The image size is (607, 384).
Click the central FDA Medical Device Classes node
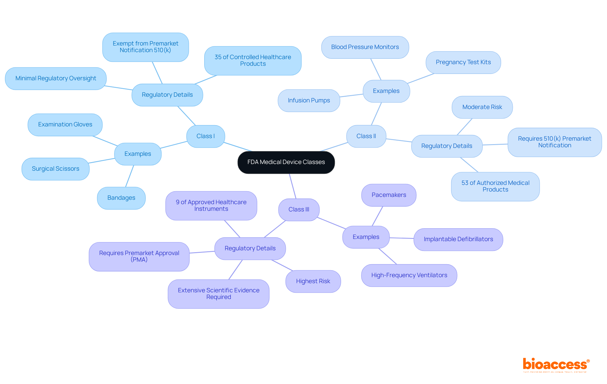pos(286,162)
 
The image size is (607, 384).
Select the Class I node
pos(205,136)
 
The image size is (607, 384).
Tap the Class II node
pos(366,136)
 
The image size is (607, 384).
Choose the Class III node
pos(299,210)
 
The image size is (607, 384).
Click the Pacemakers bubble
pos(389,195)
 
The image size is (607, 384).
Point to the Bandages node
pos(121,198)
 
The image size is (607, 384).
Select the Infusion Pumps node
pos(309,101)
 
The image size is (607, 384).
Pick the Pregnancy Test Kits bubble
pos(463,62)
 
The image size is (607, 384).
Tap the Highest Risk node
pos(313,281)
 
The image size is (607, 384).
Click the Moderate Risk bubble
pos(482,107)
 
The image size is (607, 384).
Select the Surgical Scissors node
pos(55,169)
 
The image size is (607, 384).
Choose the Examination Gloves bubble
pos(65,125)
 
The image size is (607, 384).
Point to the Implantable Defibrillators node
pos(458,239)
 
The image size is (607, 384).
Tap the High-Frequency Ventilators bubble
pos(409,275)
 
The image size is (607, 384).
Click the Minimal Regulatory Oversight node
pos(56,78)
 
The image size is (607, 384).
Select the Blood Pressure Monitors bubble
pos(365,47)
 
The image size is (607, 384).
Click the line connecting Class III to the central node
pos(293,186)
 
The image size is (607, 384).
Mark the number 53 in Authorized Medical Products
pos(465,183)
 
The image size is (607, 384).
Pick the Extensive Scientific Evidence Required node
pos(218,294)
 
